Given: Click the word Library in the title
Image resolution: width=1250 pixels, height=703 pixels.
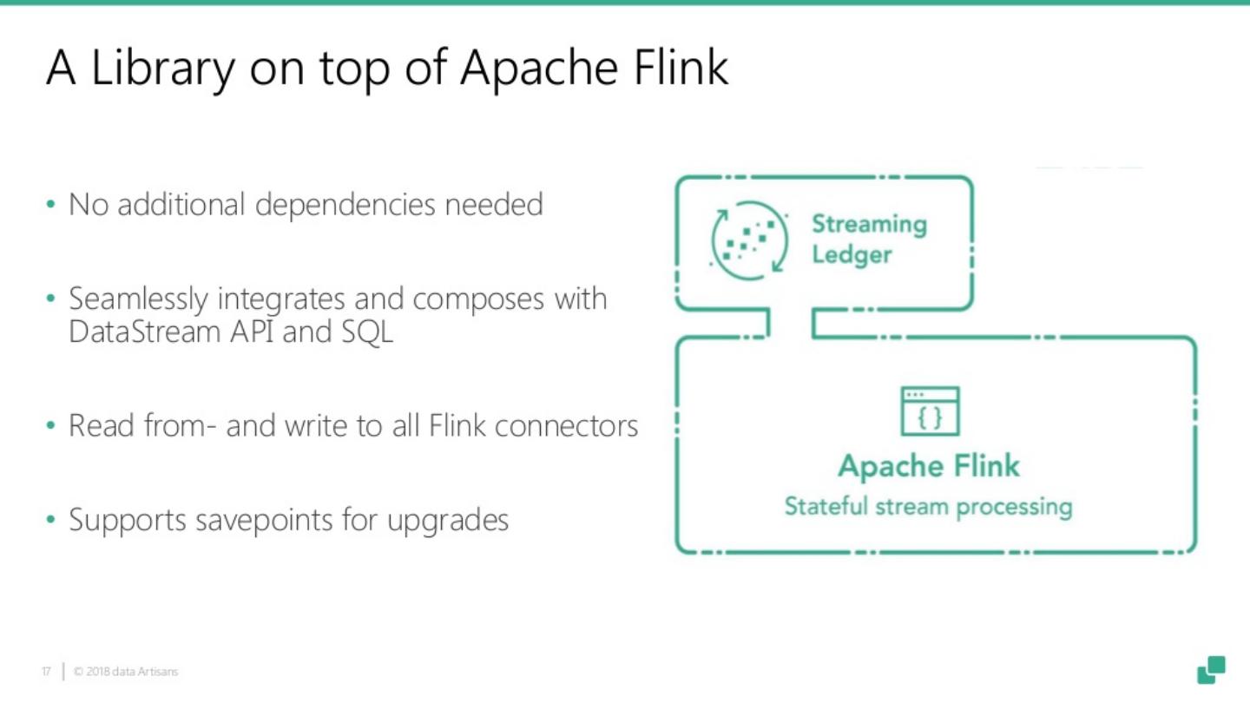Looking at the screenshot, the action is click(162, 68).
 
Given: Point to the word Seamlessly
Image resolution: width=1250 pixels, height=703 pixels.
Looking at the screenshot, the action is click(138, 299).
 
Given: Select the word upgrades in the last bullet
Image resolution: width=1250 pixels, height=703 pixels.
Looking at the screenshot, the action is click(448, 522).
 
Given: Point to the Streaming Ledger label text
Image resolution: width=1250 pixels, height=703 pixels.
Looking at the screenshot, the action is click(868, 239).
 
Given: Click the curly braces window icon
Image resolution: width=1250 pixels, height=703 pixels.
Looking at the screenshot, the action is click(930, 411).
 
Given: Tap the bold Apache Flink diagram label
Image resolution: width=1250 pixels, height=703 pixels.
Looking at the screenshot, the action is click(928, 466).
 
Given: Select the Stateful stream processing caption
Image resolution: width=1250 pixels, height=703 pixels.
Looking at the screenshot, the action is click(928, 506).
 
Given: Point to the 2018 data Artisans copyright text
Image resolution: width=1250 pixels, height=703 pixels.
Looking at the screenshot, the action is click(127, 672).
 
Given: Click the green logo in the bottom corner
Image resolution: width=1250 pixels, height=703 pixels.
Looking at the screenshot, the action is click(1211, 669).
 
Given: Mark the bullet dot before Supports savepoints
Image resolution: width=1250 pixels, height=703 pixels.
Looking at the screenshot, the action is click(50, 521).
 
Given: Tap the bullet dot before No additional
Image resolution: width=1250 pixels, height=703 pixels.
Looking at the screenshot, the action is click(50, 206).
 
